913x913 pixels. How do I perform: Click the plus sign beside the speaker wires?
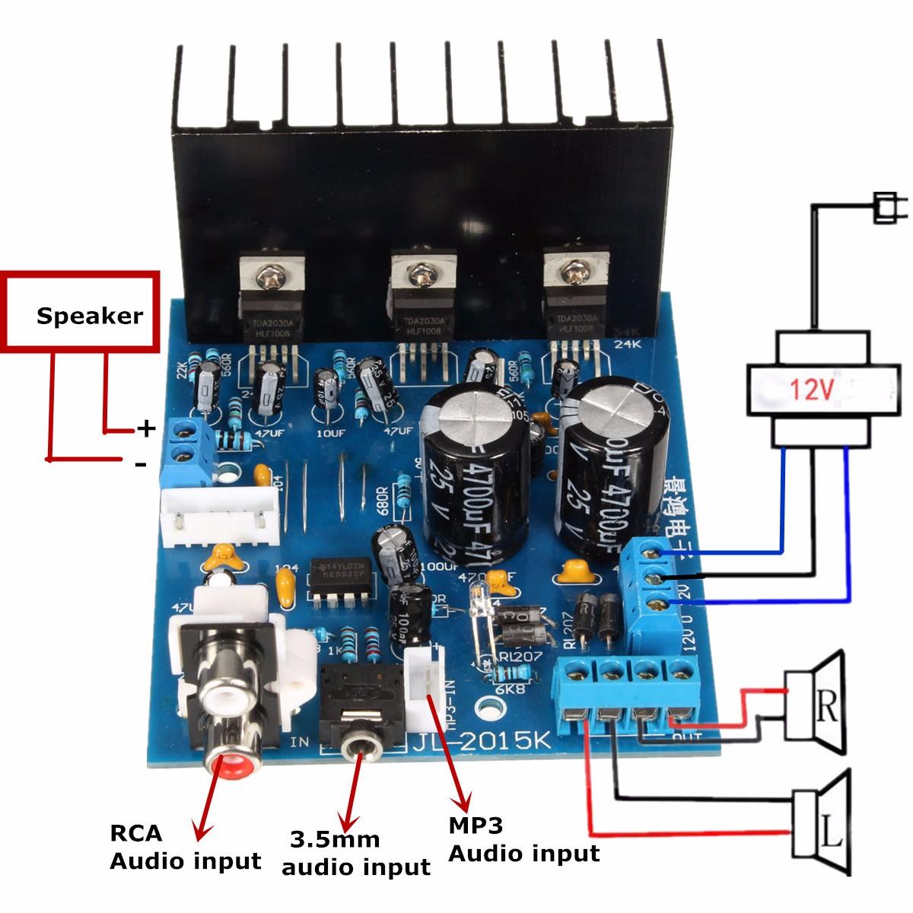[145, 430]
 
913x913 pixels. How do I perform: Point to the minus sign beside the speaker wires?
[141, 463]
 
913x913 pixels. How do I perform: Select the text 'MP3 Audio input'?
[523, 839]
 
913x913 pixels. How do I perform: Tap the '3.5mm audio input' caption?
[358, 854]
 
